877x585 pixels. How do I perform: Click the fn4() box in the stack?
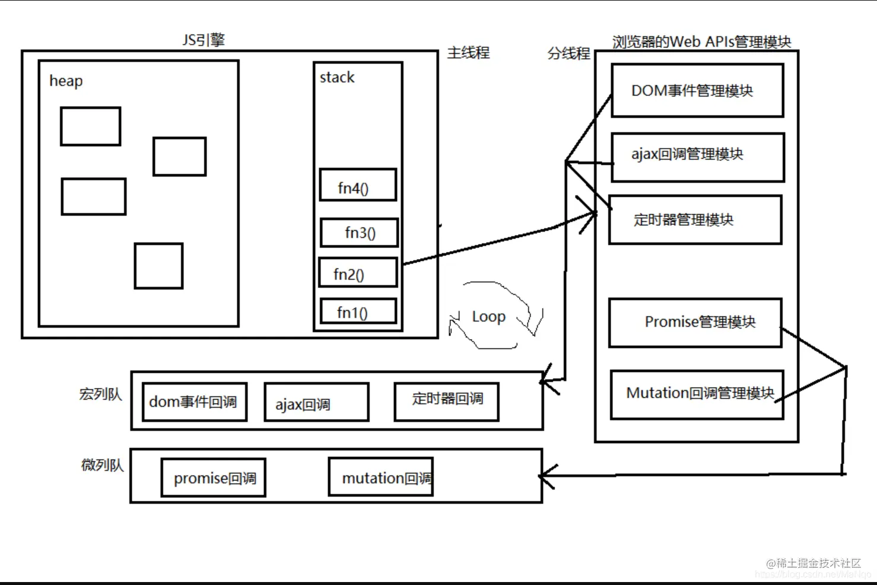coord(358,186)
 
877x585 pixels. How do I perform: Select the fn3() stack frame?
coord(359,232)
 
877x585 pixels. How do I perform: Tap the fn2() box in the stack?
coord(358,273)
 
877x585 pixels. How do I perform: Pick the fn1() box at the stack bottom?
coord(358,312)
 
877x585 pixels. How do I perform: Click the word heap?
coord(66,81)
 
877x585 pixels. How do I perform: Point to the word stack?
coord(337,77)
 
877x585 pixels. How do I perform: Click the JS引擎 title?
coord(204,40)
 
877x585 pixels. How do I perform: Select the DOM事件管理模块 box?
coord(697,91)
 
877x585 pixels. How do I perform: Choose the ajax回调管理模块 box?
coord(698,157)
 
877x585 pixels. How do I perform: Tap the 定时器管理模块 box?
coord(695,220)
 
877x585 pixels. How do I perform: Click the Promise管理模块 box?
coord(695,322)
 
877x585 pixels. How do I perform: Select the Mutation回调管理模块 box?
coord(697,394)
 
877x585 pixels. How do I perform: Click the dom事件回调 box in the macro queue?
coord(194,402)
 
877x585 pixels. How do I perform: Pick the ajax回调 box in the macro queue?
coord(316,402)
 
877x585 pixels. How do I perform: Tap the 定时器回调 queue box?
coord(446,401)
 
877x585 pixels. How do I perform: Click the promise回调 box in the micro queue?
coord(214,478)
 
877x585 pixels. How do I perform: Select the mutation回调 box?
coord(381,477)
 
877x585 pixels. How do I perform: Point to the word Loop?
coord(488,317)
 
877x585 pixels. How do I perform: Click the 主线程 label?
coord(468,53)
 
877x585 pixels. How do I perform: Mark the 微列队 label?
coord(103,465)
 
